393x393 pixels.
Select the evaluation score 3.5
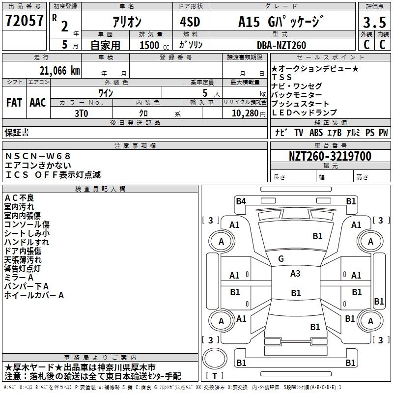click(374, 23)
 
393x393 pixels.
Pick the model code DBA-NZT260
click(281, 45)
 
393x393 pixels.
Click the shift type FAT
click(14, 102)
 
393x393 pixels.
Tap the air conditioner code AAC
click(37, 102)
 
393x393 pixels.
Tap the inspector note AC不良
click(19, 198)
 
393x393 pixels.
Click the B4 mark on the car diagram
click(241, 200)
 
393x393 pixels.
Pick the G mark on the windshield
click(281, 258)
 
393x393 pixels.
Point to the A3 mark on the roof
click(295, 274)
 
